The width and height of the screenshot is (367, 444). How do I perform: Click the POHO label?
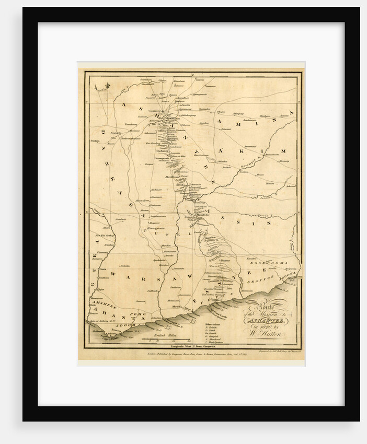[136, 314]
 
